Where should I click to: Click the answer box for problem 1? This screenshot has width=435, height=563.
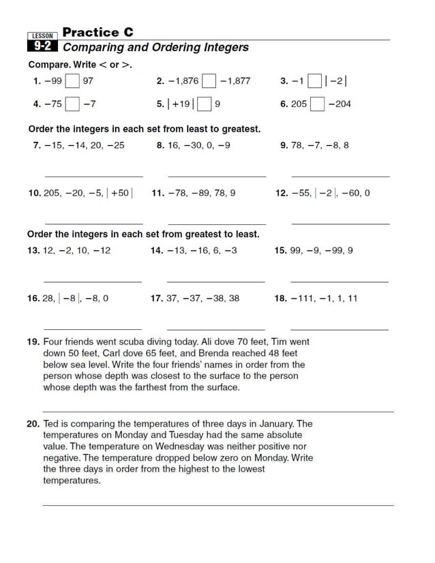click(72, 81)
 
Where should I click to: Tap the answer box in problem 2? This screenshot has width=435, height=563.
click(209, 81)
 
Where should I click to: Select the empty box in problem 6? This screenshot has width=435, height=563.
click(317, 104)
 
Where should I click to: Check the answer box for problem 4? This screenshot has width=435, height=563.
click(72, 104)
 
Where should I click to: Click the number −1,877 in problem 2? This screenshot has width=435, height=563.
click(235, 81)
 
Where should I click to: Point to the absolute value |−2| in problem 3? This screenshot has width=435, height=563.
click(336, 81)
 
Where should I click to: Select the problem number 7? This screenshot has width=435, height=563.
click(37, 145)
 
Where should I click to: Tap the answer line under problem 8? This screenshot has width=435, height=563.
click(216, 177)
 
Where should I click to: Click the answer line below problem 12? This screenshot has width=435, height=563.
click(340, 224)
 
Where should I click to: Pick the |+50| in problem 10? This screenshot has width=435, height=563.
click(120, 193)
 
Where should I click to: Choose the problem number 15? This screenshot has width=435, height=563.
click(280, 251)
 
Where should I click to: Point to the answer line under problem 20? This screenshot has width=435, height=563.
click(218, 505)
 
